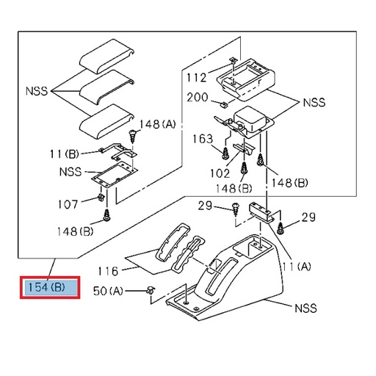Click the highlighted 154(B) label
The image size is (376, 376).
coord(50,287)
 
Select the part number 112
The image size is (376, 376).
coord(196,76)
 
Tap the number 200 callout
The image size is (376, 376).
coord(197,98)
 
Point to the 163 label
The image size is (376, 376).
coord(203,138)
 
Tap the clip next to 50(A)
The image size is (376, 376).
coord(151,289)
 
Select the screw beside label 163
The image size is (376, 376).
coord(223,152)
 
